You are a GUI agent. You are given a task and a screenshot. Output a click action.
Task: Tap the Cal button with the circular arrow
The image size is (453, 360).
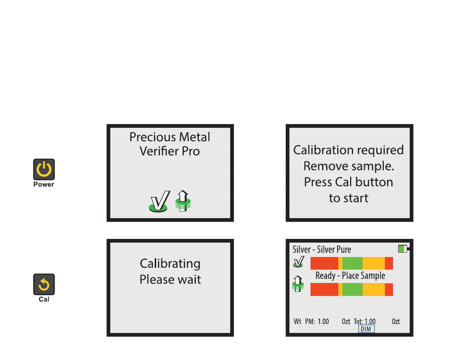44,284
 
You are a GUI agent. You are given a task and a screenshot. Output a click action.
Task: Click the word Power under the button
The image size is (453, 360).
44,184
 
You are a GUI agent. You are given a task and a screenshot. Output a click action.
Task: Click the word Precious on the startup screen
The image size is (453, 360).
148,137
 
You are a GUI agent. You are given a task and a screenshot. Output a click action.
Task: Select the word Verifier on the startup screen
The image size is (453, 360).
158,151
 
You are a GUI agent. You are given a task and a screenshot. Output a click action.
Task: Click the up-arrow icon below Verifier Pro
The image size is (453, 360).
183,201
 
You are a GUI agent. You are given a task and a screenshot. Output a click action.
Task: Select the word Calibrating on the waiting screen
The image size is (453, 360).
170,264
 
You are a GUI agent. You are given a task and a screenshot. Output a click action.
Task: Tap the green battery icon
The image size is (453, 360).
403,249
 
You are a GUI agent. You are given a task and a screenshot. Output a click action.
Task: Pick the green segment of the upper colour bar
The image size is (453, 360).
352,263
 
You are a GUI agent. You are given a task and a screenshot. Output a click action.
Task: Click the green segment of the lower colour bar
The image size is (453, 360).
352,289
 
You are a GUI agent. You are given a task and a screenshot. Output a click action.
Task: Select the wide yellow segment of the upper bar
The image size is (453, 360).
373,263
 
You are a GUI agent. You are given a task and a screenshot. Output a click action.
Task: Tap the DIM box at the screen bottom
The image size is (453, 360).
366,329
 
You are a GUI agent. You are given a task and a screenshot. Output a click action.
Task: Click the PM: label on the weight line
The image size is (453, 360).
310,321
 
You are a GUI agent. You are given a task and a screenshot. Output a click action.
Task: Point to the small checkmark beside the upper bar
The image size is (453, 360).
298,263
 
